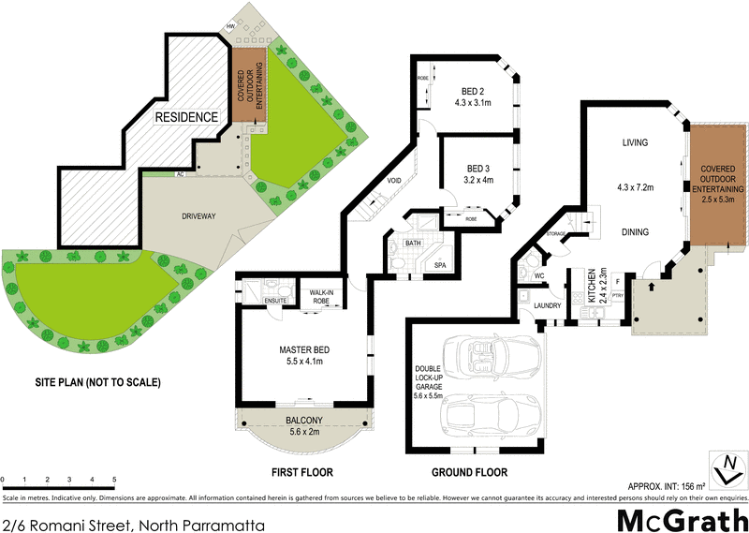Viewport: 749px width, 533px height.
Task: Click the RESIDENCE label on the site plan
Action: tap(186, 117)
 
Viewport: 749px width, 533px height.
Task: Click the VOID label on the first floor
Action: tap(395, 181)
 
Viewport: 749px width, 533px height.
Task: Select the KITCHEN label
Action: tap(591, 285)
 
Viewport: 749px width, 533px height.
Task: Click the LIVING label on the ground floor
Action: tap(636, 142)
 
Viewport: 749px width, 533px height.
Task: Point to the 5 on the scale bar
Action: tap(114, 479)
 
